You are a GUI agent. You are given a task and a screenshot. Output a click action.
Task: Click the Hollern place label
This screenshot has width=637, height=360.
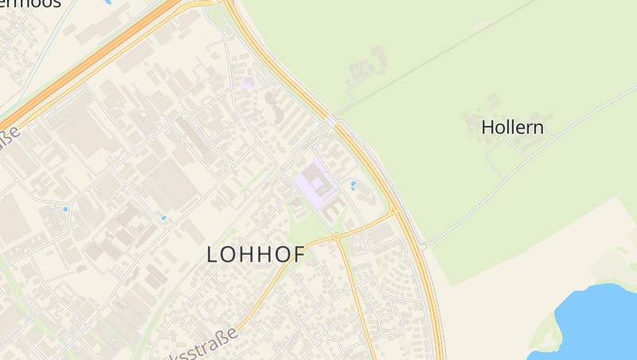coord(512,127)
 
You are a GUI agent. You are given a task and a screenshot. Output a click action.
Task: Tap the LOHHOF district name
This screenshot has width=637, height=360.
coord(256,254)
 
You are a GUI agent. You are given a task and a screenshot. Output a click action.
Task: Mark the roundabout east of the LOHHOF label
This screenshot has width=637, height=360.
coord(337,237)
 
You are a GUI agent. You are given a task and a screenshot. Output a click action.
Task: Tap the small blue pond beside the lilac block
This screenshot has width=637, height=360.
coord(354,186)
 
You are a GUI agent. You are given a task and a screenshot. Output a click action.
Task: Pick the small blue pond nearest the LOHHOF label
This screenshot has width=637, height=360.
coord(163,217)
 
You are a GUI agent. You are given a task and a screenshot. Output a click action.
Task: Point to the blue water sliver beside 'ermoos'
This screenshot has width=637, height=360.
coord(106,2)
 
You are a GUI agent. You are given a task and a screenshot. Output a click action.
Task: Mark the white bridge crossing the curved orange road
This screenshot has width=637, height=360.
coord(332,121)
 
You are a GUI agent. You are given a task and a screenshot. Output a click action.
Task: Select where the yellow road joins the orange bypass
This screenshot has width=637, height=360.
coord(393,213)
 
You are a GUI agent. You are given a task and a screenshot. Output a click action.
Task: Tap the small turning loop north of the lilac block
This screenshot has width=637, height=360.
coord(316,148)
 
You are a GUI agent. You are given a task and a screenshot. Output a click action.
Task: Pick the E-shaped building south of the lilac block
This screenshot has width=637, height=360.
coord(334,209)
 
